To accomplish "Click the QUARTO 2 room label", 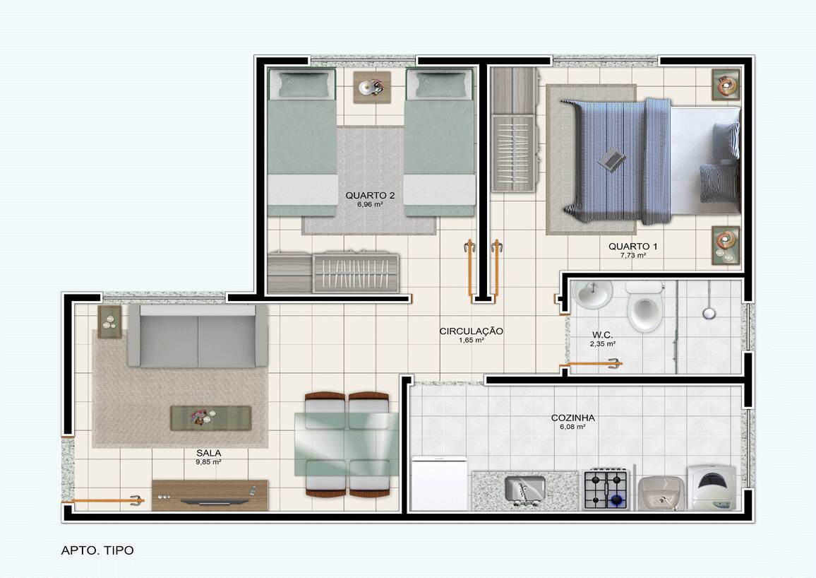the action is pyautogui.click(x=370, y=195).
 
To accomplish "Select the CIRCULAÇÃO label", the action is pyautogui.click(x=471, y=331).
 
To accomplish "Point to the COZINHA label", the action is pyautogui.click(x=573, y=418).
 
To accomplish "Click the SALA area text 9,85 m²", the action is pyautogui.click(x=209, y=461).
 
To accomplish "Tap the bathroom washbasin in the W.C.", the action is pyautogui.click(x=593, y=295).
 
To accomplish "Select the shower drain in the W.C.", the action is pyautogui.click(x=708, y=313).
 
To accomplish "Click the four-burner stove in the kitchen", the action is pyautogui.click(x=606, y=489).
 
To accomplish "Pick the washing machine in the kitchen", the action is pyautogui.click(x=712, y=488).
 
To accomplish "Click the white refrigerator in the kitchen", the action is pyautogui.click(x=439, y=483).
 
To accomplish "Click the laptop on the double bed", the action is pyautogui.click(x=613, y=160).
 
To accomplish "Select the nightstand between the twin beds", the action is pyautogui.click(x=372, y=87).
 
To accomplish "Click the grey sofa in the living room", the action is pyautogui.click(x=198, y=336).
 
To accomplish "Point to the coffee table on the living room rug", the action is pyautogui.click(x=211, y=418).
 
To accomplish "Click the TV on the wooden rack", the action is pyautogui.click(x=215, y=502).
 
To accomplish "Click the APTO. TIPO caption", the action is pyautogui.click(x=97, y=550).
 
